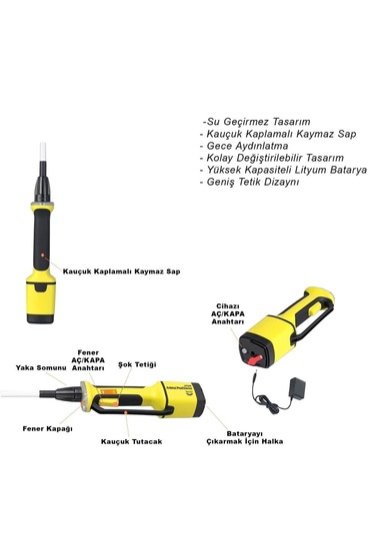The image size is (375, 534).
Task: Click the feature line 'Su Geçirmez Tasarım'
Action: click(256, 122)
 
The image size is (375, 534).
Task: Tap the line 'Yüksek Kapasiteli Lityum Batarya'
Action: click(284, 170)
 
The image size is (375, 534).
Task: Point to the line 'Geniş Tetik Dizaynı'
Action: click(249, 182)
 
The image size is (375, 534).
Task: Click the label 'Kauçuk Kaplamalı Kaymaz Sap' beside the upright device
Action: click(121, 271)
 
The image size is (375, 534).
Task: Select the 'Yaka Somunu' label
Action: click(41, 367)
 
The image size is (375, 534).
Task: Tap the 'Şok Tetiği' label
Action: click(137, 364)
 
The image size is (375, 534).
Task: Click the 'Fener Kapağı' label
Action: click(47, 428)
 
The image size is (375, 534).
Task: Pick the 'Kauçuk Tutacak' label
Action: click(131, 441)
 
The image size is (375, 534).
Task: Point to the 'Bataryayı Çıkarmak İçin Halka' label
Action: click(245, 437)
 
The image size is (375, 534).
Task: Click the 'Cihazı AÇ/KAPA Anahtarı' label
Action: click(228, 313)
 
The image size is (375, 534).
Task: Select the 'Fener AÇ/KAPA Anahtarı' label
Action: click(88, 360)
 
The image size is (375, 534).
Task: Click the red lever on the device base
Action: click(255, 359)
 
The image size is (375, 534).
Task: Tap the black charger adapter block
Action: click(297, 388)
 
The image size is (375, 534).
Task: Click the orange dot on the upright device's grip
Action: click(42, 255)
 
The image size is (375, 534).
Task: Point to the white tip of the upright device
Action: click(43, 152)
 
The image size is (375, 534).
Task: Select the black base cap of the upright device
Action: click(40, 318)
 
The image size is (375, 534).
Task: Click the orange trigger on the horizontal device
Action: click(109, 398)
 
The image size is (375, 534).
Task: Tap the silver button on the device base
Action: click(244, 351)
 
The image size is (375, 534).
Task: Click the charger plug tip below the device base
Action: click(255, 377)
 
